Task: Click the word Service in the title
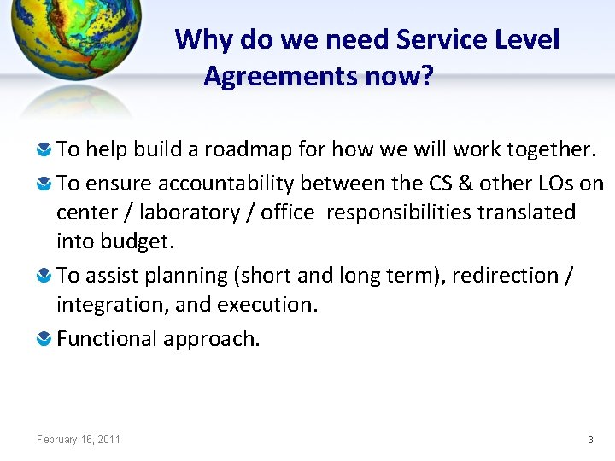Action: tap(436, 39)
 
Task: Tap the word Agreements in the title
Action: tap(281, 78)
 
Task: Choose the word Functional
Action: tap(107, 339)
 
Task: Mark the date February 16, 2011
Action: tap(79, 440)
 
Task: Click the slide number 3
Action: tap(590, 440)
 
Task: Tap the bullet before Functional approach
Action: tap(45, 340)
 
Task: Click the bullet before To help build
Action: tap(45, 150)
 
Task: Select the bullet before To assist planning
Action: tap(45, 277)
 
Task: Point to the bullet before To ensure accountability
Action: tap(45, 184)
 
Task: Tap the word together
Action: tap(549, 149)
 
